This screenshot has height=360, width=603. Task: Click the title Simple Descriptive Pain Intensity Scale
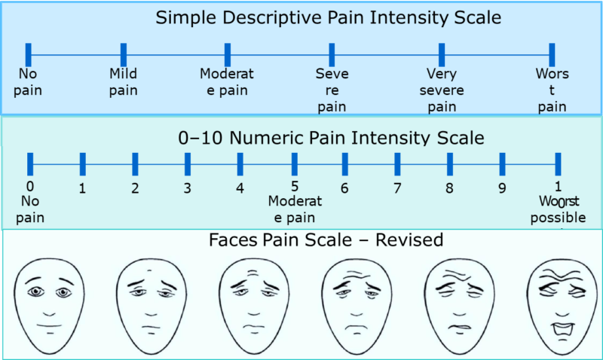pos(328,17)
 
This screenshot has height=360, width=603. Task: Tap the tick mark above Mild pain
pos(123,54)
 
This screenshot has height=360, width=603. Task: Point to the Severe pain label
pos(332,90)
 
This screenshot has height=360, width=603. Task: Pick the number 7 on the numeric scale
pos(397,188)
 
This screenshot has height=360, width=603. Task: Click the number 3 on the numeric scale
pos(187,188)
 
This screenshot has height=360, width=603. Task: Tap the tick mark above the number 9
pos(502,163)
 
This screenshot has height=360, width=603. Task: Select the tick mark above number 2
pos(135,163)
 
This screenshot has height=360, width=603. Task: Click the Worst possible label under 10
pos(558,209)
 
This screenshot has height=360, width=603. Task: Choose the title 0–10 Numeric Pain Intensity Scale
pos(331,138)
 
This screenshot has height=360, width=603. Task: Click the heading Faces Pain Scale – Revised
pos(325,241)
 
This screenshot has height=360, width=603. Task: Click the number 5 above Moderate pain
pos(294,187)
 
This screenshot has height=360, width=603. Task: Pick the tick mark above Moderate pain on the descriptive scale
pos(227,54)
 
